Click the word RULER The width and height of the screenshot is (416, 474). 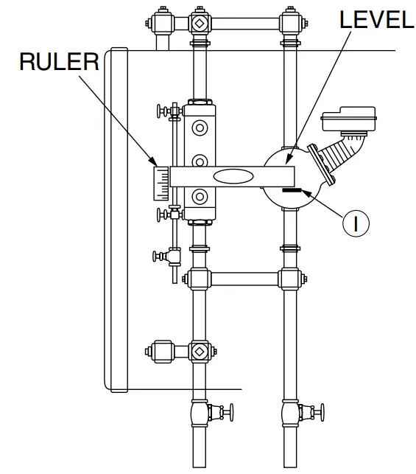tap(59, 62)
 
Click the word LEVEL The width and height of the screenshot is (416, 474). tap(376, 20)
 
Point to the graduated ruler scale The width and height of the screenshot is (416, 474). tap(161, 184)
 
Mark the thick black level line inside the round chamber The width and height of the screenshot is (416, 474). tap(291, 190)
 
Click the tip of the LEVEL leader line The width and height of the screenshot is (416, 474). tap(285, 161)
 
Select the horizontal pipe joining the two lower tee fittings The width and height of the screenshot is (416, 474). tap(244, 279)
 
